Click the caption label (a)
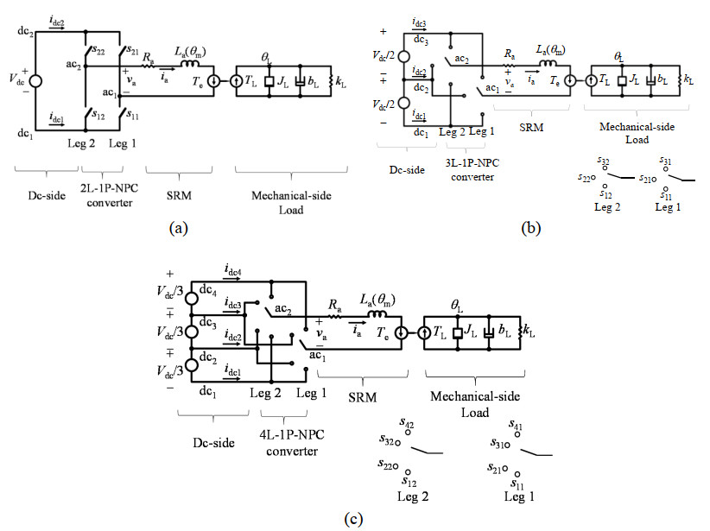[x=173, y=228]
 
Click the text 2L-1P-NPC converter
[x=111, y=190]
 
